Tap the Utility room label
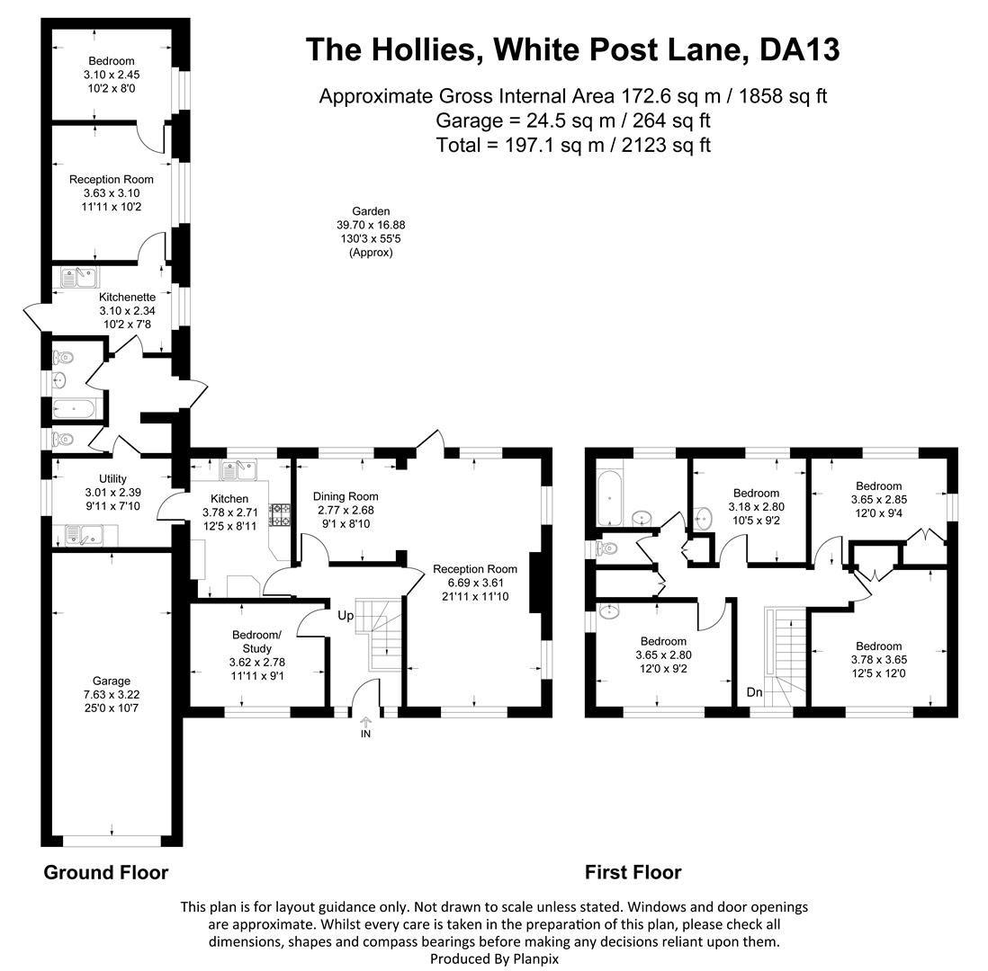[x=112, y=492]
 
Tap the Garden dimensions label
[x=371, y=232]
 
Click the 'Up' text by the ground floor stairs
[x=346, y=616]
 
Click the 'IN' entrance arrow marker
[x=365, y=727]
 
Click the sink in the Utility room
[x=85, y=536]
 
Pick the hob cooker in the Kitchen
[x=280, y=513]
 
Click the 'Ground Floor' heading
[x=106, y=872]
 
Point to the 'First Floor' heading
[x=633, y=872]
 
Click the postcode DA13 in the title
[x=800, y=49]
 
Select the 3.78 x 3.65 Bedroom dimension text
[x=878, y=659]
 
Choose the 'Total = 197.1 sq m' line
[x=573, y=145]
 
